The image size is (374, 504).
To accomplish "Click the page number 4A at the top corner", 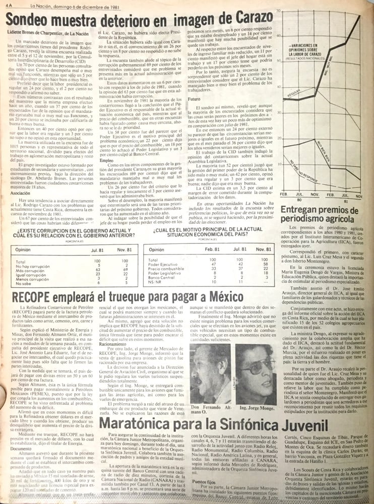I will click(x=5, y=4).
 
